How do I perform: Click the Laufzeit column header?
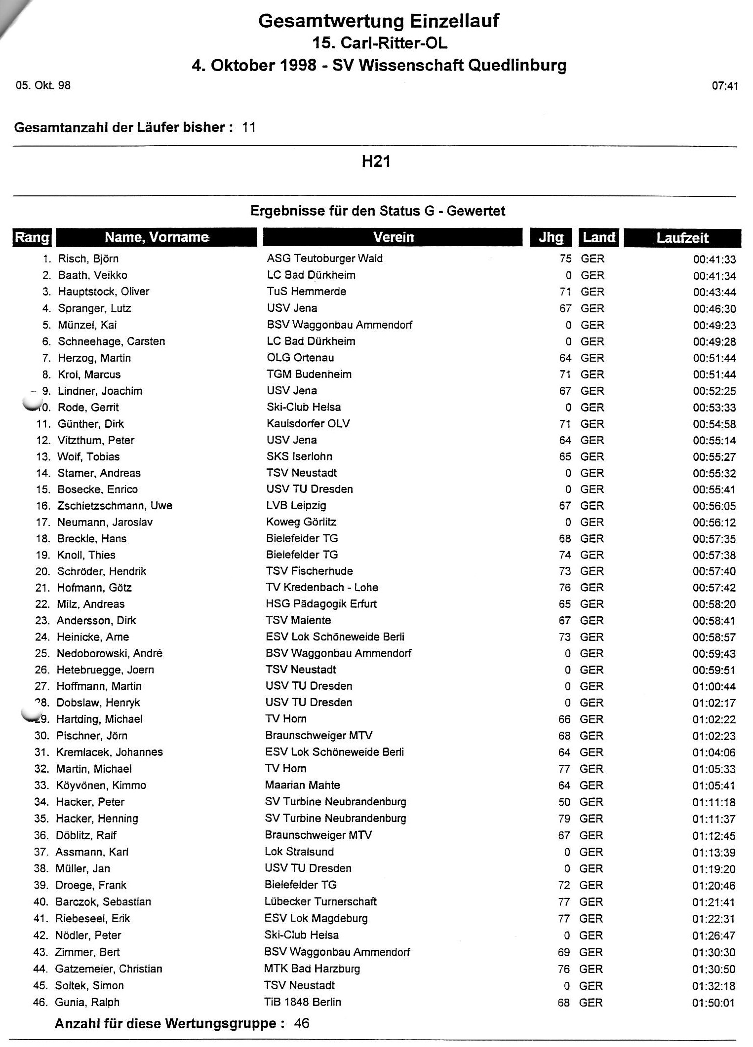tap(682, 238)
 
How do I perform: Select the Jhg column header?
tap(551, 237)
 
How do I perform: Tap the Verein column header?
tap(393, 237)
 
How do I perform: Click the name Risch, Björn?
tap(88, 259)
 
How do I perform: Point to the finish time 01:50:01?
tap(713, 1002)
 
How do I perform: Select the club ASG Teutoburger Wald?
tap(324, 258)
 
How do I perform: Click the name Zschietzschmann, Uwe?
tap(115, 506)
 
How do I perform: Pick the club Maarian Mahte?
tap(302, 785)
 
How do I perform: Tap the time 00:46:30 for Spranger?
tap(714, 309)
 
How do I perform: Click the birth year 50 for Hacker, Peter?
tap(564, 802)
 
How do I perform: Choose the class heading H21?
tap(376, 162)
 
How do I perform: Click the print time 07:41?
tap(725, 86)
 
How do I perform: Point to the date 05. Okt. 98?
tap(43, 85)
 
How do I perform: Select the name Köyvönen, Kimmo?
tap(101, 785)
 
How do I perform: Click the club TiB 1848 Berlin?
tap(303, 1002)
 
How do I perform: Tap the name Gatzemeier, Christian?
tap(109, 969)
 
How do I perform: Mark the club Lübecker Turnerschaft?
tap(320, 901)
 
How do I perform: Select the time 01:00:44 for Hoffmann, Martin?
tap(713, 686)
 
